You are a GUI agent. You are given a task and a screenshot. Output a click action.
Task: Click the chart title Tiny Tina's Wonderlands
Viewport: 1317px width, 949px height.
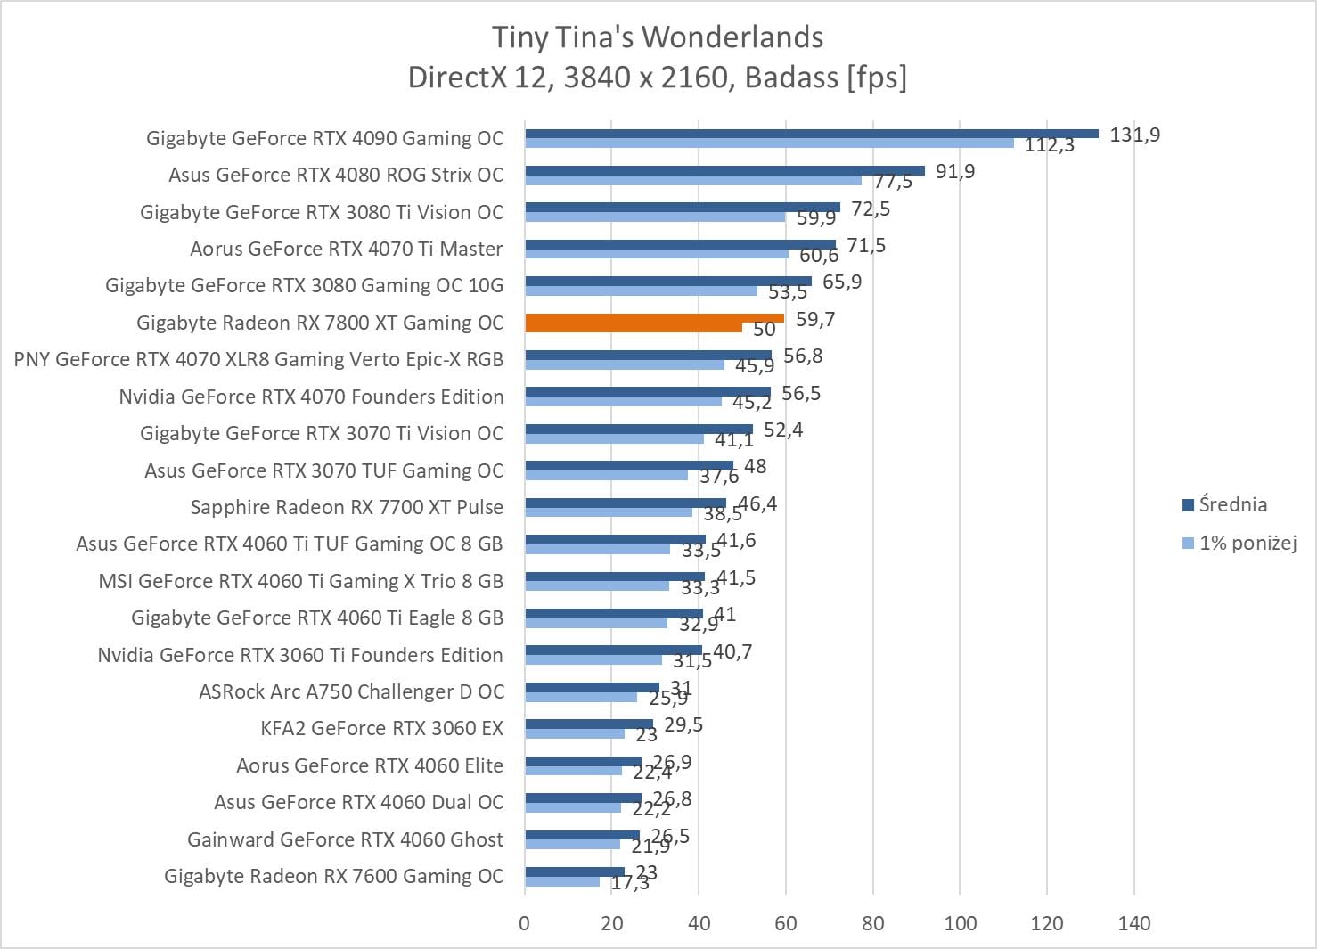coord(658,37)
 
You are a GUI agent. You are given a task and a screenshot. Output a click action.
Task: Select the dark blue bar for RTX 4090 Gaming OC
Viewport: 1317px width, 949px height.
coord(811,134)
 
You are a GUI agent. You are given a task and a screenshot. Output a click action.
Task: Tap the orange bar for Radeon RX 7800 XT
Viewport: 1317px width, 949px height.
coord(654,318)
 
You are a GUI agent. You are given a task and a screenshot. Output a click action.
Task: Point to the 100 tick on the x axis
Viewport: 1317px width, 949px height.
coord(960,923)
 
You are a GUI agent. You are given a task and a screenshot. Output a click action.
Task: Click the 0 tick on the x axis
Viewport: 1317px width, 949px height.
coord(524,923)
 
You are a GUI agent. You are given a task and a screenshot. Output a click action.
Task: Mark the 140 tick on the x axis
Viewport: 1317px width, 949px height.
coord(1133,923)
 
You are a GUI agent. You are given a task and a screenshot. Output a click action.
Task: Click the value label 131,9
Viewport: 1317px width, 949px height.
coord(1134,135)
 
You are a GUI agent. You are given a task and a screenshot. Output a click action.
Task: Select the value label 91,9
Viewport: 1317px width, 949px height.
coord(954,172)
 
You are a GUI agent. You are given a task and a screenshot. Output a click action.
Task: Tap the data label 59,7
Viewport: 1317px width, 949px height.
coord(814,319)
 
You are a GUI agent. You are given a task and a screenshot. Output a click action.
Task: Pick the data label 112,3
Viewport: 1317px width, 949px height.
coord(1049,145)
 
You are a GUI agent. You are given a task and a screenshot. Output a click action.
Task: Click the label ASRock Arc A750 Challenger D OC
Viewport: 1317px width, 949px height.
coord(351,691)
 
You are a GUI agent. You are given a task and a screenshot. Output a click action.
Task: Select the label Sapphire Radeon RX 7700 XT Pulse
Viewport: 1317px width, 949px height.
coord(347,507)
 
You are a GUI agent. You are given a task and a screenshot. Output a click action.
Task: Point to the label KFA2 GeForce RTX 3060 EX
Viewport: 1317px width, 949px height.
coord(381,728)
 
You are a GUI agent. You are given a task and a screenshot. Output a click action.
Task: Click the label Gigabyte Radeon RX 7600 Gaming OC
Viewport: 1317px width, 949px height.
coord(333,876)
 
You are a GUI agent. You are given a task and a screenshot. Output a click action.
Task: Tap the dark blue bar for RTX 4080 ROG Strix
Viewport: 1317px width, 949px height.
coord(724,170)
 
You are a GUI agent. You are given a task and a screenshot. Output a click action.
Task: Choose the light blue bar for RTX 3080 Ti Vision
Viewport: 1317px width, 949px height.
coord(655,217)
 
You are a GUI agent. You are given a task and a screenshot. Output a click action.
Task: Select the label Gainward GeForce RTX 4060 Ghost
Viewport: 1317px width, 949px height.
coord(345,839)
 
